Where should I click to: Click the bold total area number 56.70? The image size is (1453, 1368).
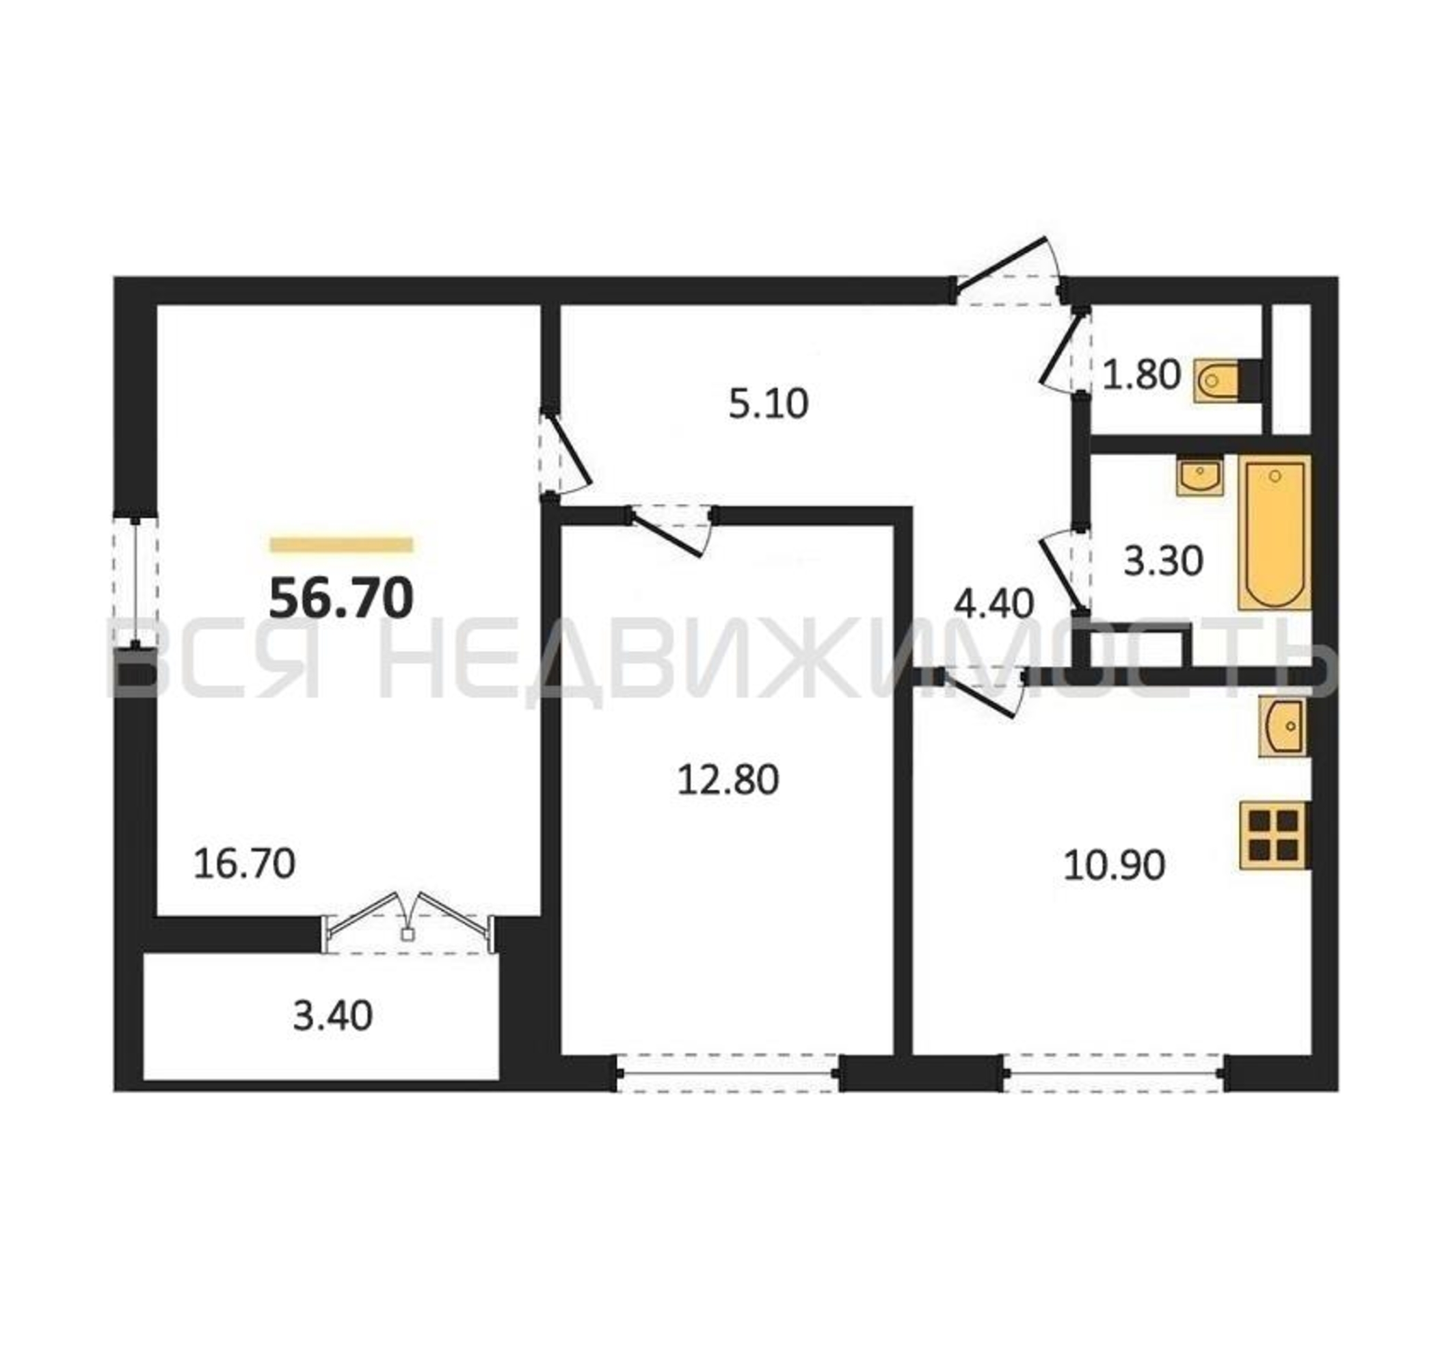coord(341,598)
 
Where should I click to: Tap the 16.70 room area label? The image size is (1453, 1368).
coord(244,863)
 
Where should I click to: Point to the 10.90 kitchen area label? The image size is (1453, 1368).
coord(1114,865)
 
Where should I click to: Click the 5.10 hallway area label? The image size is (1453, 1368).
coord(768,404)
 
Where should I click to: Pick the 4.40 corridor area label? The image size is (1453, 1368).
coord(994,604)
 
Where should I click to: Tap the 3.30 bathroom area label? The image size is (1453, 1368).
coord(1163,562)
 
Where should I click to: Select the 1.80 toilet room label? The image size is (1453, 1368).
coord(1141,375)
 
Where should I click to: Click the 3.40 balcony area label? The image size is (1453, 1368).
coord(332,1016)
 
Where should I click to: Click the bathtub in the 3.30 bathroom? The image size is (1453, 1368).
coord(1274,532)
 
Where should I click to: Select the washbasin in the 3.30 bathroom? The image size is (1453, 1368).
coord(1200,476)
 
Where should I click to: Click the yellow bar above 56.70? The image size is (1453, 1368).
coord(341,544)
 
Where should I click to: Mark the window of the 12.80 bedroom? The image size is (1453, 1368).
coord(729,1073)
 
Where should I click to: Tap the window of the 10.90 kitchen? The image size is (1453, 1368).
coord(1114,1073)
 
